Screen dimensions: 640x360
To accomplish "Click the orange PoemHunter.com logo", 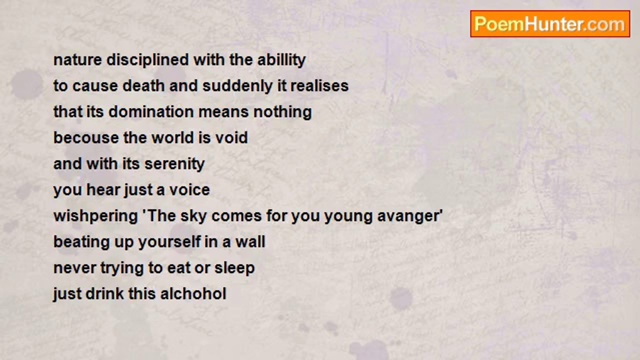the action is (550, 24).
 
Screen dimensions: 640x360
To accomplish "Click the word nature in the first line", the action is (77, 60).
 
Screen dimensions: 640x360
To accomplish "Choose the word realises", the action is (319, 85).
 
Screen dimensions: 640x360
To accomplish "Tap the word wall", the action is (250, 241).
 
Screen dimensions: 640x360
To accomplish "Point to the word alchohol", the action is (193, 293).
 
